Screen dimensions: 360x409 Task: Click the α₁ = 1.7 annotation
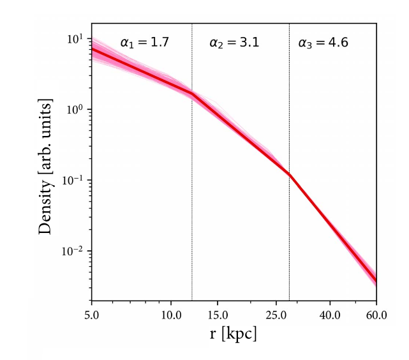[x=144, y=43]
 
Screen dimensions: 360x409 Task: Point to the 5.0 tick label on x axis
[x=91, y=313]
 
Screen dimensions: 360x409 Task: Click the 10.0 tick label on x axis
[x=170, y=313]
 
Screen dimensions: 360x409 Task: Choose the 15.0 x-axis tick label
[x=218, y=313]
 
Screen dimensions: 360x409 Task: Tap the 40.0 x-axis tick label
[x=330, y=313]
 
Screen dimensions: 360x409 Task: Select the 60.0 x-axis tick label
[x=376, y=313]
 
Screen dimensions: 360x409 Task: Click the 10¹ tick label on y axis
[x=75, y=39]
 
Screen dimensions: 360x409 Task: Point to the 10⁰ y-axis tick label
[x=75, y=110]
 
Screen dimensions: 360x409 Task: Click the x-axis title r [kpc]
[x=234, y=334]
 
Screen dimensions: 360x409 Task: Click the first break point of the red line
[x=192, y=93]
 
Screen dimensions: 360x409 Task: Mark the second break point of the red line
[x=289, y=174]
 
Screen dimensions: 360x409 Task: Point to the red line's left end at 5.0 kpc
[x=92, y=49]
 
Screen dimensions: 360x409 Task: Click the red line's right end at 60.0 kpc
[x=376, y=280]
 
